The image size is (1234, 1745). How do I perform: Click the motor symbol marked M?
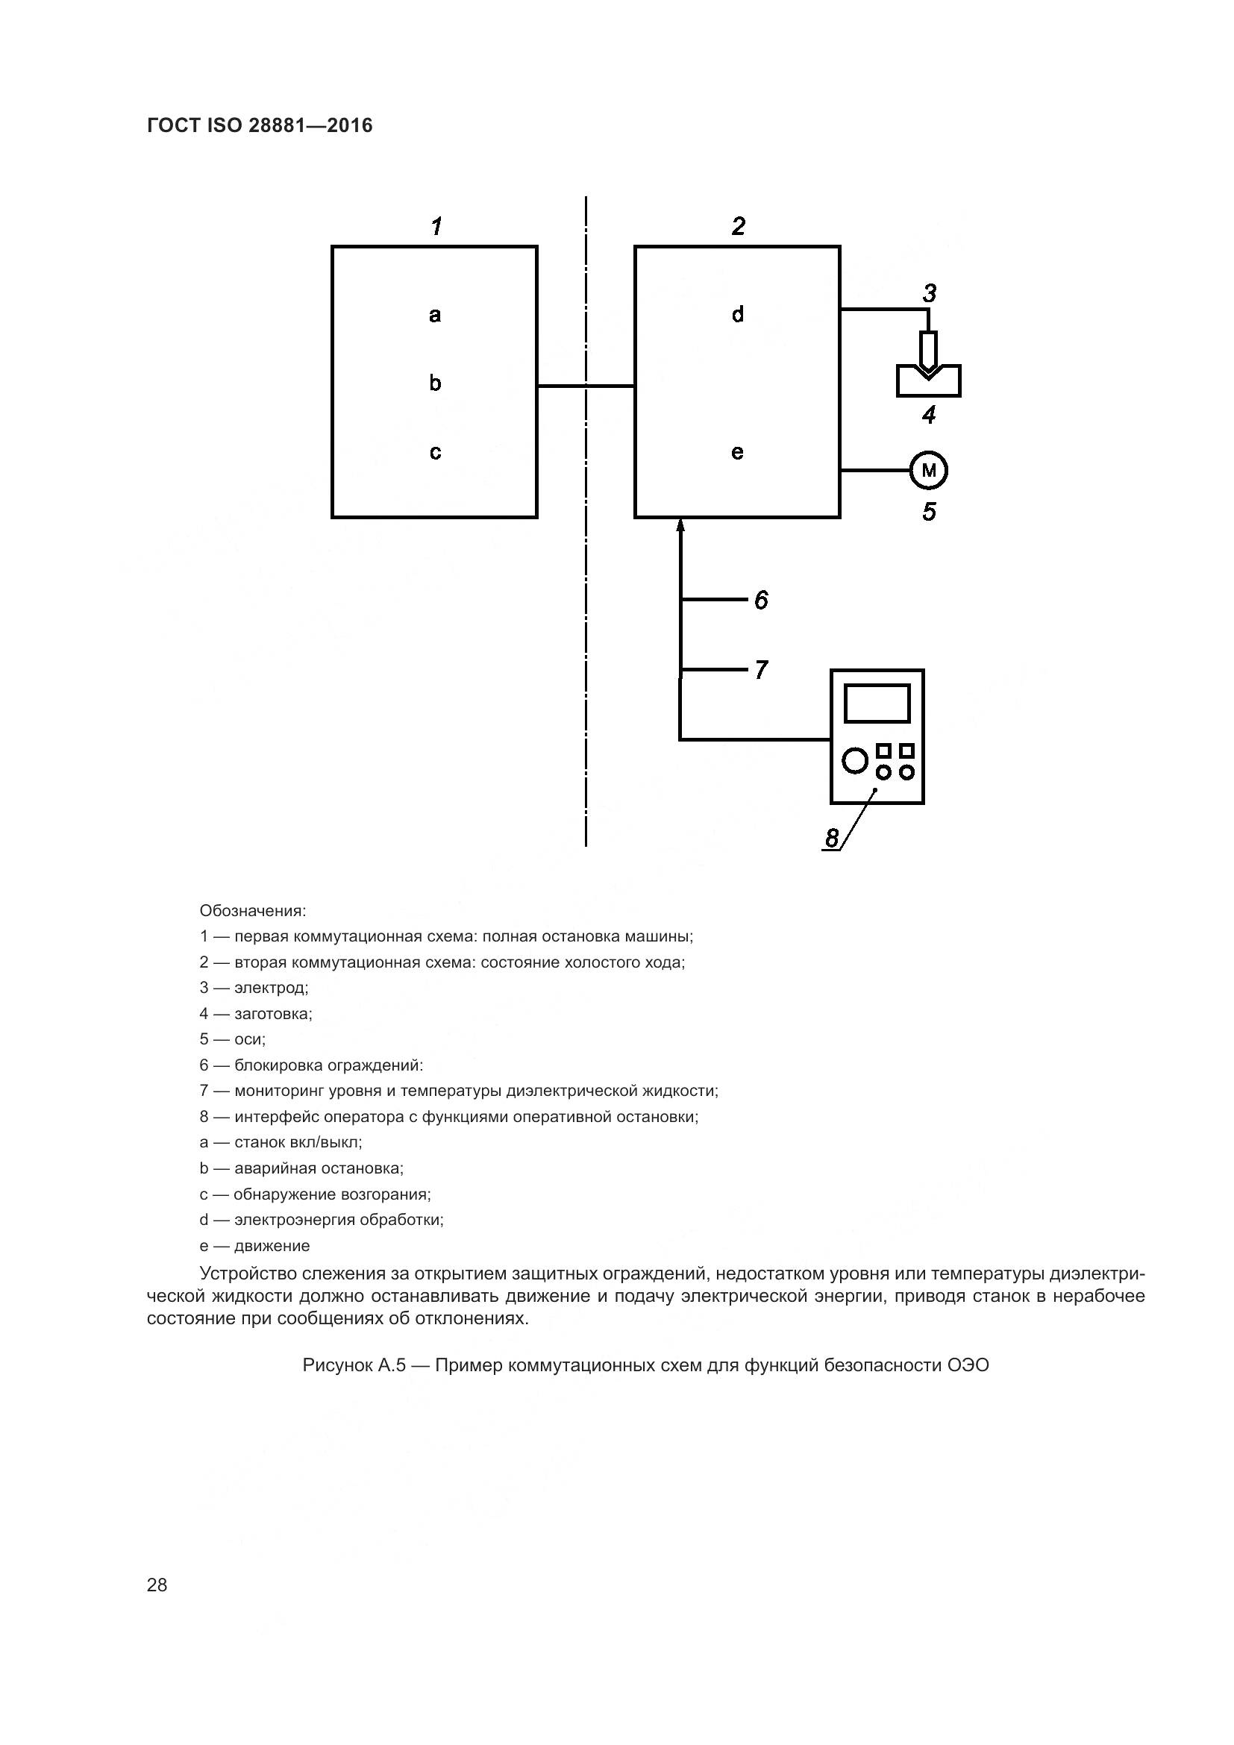click(929, 471)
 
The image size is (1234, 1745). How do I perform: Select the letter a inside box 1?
click(435, 315)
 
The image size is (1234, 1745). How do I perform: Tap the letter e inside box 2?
click(737, 453)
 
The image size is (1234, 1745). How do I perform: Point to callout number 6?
click(762, 600)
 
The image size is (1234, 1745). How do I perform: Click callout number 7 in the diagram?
click(762, 669)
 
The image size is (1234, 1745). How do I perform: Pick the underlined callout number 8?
click(832, 838)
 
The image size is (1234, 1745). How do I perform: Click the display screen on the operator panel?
click(877, 703)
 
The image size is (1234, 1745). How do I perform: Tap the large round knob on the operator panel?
click(855, 760)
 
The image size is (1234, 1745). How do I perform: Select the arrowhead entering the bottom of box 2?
click(680, 525)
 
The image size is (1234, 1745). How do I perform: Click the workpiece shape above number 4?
click(929, 383)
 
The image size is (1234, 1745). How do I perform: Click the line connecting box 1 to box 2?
click(586, 386)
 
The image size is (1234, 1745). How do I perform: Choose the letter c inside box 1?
click(435, 453)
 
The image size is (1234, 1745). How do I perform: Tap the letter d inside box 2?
click(737, 315)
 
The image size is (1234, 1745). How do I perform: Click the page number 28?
click(157, 1585)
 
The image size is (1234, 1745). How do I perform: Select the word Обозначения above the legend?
click(252, 910)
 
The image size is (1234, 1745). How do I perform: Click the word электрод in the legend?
click(271, 988)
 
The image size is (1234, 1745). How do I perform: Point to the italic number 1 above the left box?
click(436, 226)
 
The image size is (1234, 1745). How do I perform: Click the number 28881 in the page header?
click(275, 125)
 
